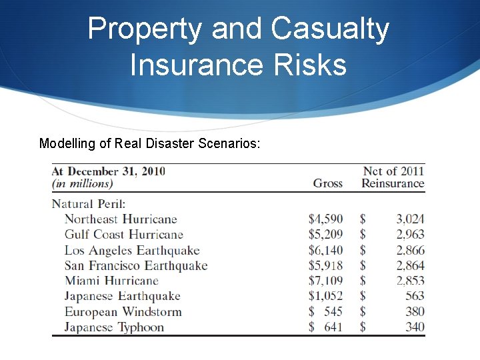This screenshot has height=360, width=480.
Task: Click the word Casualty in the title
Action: (330, 29)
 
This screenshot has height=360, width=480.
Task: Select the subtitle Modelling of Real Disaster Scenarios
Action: (150, 143)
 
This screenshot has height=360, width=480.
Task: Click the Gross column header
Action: (327, 183)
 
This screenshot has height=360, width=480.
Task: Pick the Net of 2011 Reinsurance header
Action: (393, 177)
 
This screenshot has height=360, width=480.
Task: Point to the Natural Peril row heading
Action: (89, 203)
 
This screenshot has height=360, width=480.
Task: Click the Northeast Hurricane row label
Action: (121, 219)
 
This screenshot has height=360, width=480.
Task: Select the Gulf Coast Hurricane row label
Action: (123, 234)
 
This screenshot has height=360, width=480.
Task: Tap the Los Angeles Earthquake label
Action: (132, 250)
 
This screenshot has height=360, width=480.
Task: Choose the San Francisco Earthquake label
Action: (136, 265)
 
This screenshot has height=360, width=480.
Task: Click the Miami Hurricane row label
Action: (111, 281)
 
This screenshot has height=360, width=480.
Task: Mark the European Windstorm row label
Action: (123, 311)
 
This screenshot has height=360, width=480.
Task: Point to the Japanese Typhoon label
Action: (114, 327)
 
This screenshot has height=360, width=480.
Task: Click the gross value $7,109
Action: (325, 281)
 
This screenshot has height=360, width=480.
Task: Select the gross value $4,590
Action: (325, 219)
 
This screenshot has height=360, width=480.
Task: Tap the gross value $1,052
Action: (325, 296)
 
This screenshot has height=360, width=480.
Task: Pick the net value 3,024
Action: (410, 219)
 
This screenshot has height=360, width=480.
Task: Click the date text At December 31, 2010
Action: (109, 171)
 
